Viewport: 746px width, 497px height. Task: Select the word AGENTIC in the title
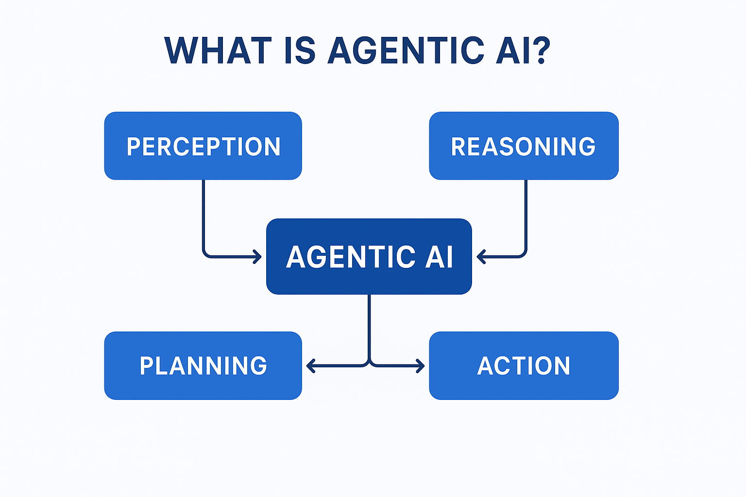406,50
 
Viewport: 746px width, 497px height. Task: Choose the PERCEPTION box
203,146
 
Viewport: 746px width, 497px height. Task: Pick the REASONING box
524,146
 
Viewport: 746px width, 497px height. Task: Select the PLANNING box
203,365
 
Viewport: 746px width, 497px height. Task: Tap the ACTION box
524,365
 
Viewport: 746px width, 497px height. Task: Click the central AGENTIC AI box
369,256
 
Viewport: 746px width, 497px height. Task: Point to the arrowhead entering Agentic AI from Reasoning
481,256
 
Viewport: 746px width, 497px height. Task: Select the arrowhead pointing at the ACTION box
421,365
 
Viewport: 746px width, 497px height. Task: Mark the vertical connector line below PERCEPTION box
203,214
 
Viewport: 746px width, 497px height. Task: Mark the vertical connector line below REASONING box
526,214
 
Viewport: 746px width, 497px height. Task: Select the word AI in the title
513,50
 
